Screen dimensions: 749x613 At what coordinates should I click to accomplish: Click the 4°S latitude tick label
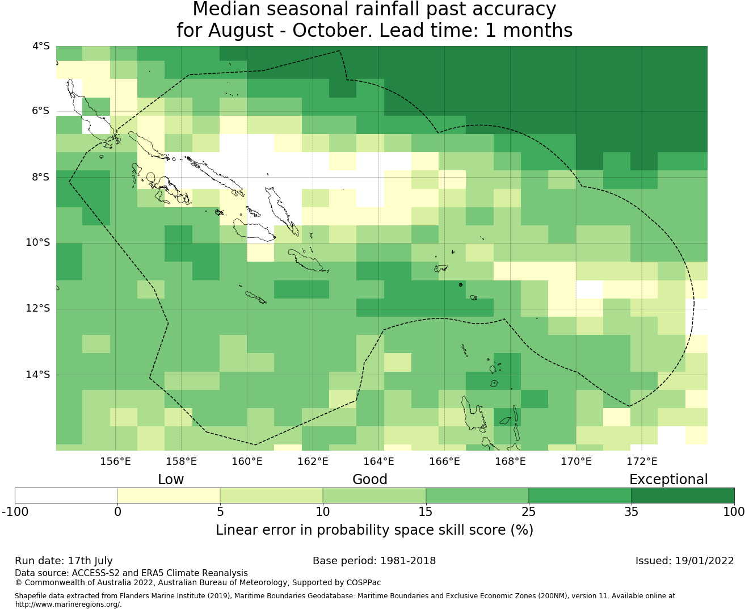coord(41,46)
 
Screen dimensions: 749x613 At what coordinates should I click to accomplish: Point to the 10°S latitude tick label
coord(37,243)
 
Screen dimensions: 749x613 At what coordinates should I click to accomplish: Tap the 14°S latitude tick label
coord(37,375)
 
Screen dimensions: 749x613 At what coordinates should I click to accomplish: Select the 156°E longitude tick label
coord(115,461)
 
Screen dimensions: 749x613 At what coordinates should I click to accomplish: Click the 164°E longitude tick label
coord(378,461)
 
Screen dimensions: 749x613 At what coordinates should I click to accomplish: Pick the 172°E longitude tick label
coord(642,461)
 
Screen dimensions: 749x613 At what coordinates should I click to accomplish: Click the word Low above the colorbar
coord(171,480)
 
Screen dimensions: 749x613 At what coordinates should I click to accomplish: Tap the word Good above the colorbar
coord(370,480)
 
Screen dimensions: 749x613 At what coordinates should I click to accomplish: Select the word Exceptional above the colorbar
coord(668,480)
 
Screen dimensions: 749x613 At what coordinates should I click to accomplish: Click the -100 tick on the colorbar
coord(15,512)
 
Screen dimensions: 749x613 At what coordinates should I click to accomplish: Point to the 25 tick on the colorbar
coord(528,512)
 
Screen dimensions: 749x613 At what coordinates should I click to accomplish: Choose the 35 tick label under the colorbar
coord(632,512)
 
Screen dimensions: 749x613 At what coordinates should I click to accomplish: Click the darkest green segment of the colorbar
coord(683,496)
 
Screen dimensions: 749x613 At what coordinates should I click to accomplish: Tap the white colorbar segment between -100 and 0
coord(66,496)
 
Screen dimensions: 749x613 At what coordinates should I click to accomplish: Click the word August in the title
coord(241,31)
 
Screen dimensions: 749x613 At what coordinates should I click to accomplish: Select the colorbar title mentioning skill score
coord(374,530)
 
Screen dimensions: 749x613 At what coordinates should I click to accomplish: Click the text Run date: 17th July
coord(64,561)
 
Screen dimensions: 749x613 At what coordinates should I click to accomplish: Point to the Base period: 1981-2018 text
coord(374,561)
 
